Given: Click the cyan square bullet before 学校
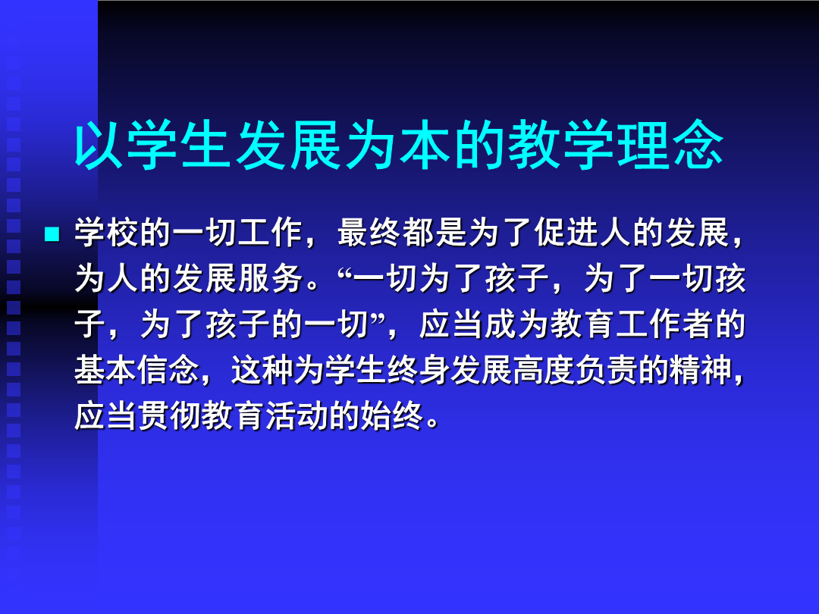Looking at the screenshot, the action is tap(52, 233).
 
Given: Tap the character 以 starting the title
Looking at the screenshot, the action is tap(99, 145).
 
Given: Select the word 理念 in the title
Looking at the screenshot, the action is tap(670, 145).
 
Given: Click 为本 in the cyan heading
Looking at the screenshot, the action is tap(399, 145).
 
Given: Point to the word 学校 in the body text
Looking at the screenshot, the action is tap(107, 233).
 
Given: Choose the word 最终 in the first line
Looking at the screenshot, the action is tap(369, 233).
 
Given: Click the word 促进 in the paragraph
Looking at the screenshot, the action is tap(566, 233).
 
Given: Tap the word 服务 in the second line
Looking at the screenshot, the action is tap(271, 278).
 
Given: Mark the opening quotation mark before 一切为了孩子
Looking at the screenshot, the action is tap(345, 271).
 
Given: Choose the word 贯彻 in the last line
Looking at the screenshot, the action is tap(170, 416).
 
